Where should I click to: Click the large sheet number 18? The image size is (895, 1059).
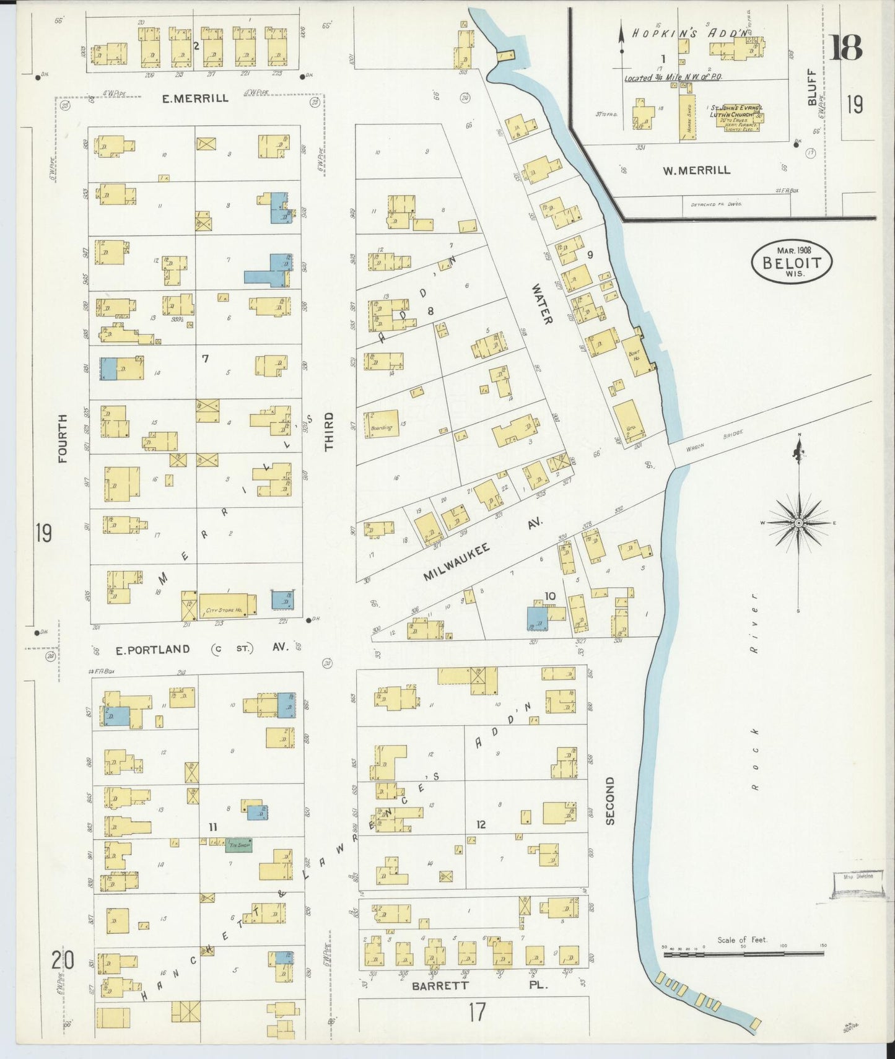tap(846, 48)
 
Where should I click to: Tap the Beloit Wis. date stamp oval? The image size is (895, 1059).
tap(792, 263)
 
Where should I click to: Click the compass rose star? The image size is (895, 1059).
tap(799, 524)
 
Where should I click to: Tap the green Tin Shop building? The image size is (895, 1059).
tap(239, 844)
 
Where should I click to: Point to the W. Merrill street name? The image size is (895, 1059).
tap(697, 170)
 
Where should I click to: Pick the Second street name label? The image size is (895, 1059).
tap(610, 801)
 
